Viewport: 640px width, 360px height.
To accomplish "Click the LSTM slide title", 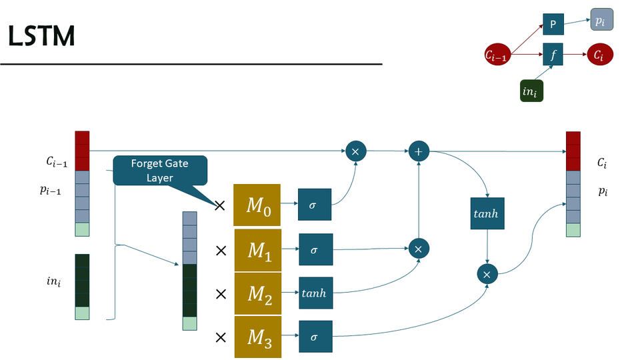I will pyautogui.click(x=41, y=37).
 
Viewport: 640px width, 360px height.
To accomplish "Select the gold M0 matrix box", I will pyautogui.click(x=257, y=205).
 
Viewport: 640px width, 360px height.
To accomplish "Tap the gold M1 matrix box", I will pyautogui.click(x=257, y=250).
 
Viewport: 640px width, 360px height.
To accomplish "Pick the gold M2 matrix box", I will pyautogui.click(x=257, y=294).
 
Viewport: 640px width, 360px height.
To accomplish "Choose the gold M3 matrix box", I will pyautogui.click(x=257, y=337).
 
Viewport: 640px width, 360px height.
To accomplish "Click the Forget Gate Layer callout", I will pyautogui.click(x=160, y=171).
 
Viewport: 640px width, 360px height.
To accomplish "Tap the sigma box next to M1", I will pyautogui.click(x=315, y=249).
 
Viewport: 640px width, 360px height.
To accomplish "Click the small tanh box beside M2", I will pyautogui.click(x=315, y=293).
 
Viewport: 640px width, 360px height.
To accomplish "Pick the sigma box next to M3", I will pyautogui.click(x=315, y=337).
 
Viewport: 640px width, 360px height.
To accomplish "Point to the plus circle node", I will pyautogui.click(x=419, y=152).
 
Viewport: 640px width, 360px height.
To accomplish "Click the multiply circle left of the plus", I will pyautogui.click(x=355, y=152).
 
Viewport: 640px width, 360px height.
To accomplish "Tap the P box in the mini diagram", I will pyautogui.click(x=553, y=24).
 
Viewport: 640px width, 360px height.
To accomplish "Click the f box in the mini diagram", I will pyautogui.click(x=553, y=55).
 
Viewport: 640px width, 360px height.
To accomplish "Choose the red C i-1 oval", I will pyautogui.click(x=497, y=55).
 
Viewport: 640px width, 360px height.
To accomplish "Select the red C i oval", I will pyautogui.click(x=599, y=55).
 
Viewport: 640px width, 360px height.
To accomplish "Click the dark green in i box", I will pyautogui.click(x=531, y=91).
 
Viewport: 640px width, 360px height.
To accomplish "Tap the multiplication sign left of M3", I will pyautogui.click(x=221, y=337).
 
